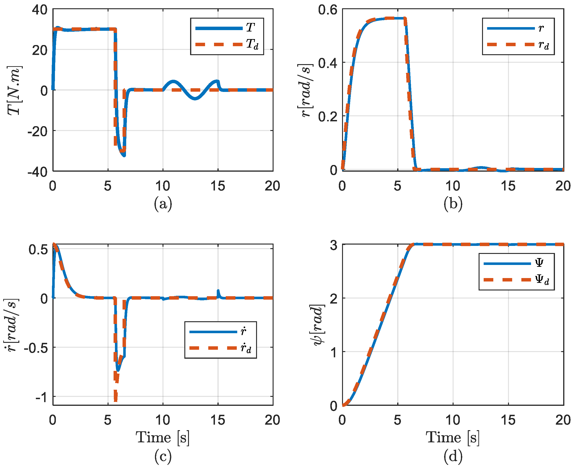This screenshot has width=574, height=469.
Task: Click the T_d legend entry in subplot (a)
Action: click(227, 44)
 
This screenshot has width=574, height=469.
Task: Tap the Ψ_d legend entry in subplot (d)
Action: click(516, 280)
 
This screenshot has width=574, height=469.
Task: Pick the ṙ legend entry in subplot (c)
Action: click(220, 332)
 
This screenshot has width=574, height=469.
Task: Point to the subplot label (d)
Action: click(453, 456)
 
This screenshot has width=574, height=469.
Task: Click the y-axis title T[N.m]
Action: click(14, 91)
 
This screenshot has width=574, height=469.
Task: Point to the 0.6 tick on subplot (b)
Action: click(328, 10)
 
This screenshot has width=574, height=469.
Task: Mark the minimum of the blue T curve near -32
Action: click(124, 156)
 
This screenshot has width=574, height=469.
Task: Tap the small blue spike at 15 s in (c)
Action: click(218, 292)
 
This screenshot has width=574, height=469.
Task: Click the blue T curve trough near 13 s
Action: click(195, 99)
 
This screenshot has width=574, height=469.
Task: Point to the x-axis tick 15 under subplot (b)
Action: click(508, 186)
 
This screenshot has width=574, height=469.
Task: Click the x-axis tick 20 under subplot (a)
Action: click(272, 186)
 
